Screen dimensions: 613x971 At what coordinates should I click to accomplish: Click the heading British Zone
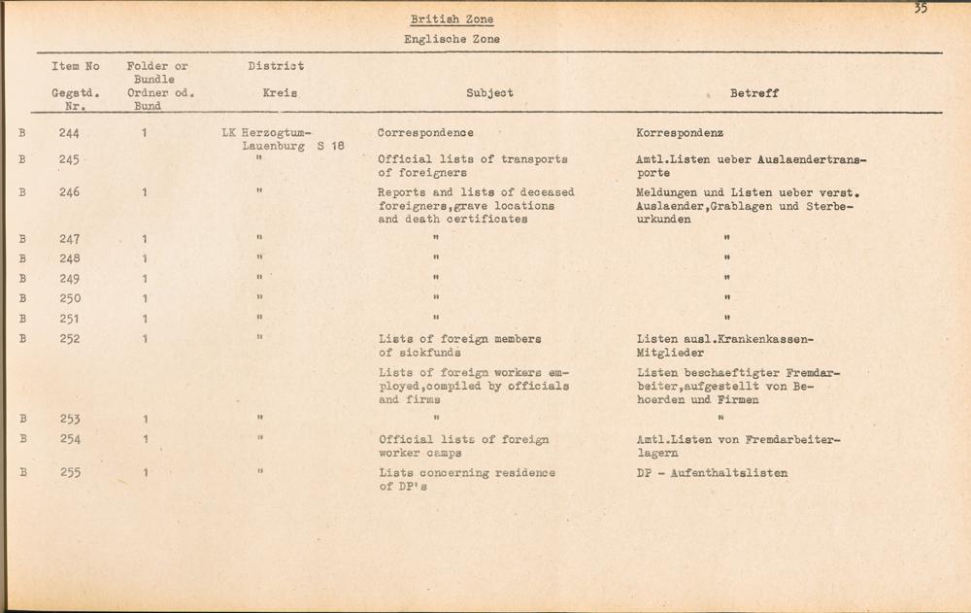point(451,19)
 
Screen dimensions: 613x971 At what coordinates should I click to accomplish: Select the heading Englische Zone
point(452,40)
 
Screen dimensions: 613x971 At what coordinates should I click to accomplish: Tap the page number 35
point(920,9)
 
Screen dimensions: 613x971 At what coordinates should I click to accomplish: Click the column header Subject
point(489,93)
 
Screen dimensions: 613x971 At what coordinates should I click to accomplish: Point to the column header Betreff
point(753,93)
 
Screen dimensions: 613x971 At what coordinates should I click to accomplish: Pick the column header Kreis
point(280,93)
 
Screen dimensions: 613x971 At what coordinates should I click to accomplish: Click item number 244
point(69,132)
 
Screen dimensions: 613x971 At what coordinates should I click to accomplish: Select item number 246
point(69,192)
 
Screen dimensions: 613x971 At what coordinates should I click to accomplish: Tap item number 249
point(69,279)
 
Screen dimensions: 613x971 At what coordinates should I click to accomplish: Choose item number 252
point(69,339)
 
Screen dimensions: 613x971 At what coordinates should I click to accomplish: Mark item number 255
point(69,473)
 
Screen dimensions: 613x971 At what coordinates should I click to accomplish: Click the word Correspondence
point(425,132)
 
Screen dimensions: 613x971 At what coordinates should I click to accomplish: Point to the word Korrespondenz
point(675,132)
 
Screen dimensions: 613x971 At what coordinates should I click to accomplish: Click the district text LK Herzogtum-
point(265,133)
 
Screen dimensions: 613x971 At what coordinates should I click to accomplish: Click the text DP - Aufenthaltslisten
point(705,473)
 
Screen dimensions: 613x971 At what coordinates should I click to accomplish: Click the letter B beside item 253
point(21,420)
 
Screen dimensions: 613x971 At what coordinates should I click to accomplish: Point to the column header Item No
point(76,66)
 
